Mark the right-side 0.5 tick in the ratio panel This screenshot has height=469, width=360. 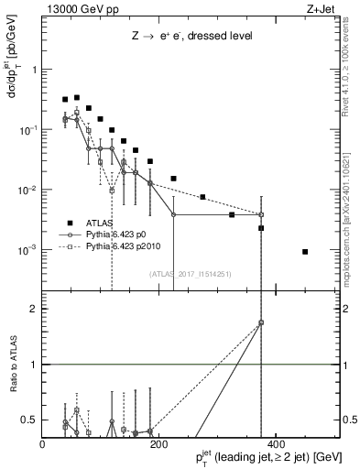pos(349,420)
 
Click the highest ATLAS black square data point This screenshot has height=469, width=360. pos(77,97)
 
